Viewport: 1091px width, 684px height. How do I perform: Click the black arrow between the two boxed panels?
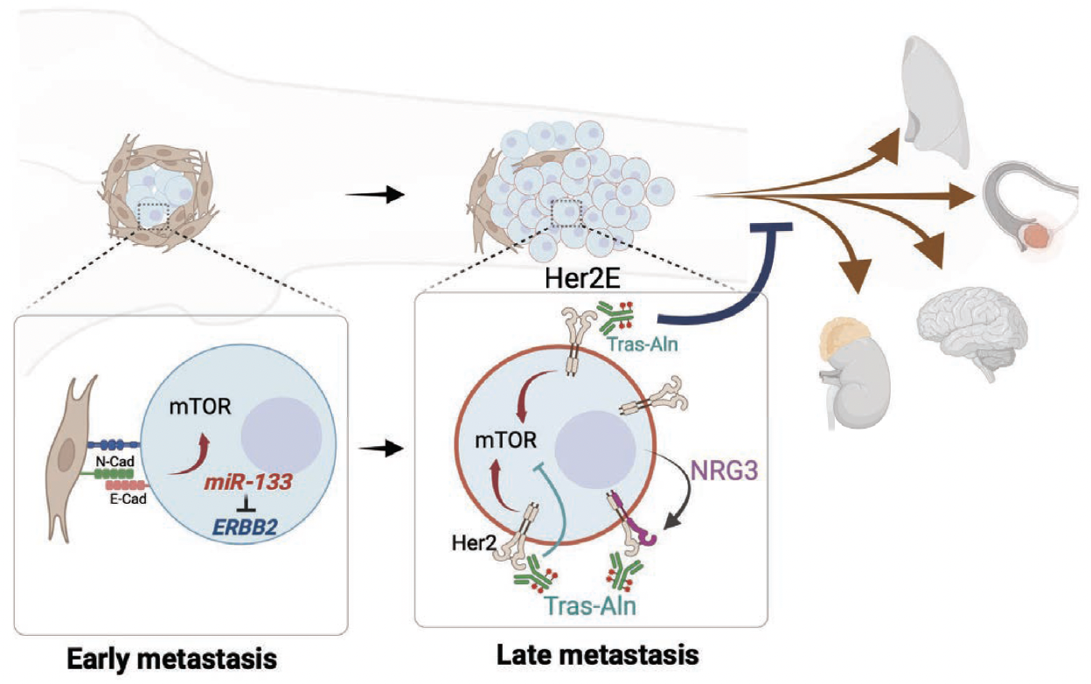coord(385,448)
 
